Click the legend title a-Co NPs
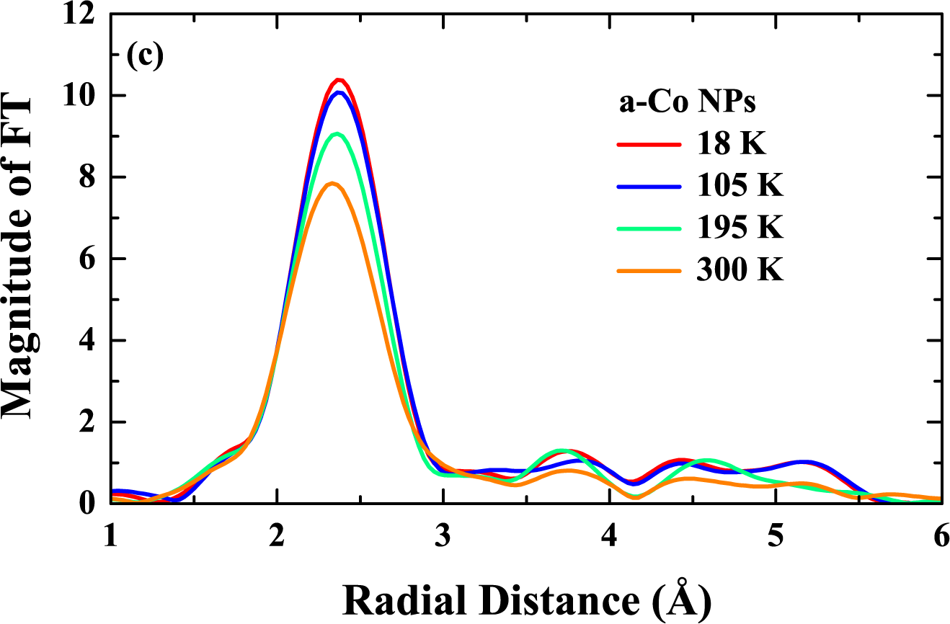[687, 104]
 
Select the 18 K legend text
[730, 145]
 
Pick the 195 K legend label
[739, 229]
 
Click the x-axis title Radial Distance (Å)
[526, 597]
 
